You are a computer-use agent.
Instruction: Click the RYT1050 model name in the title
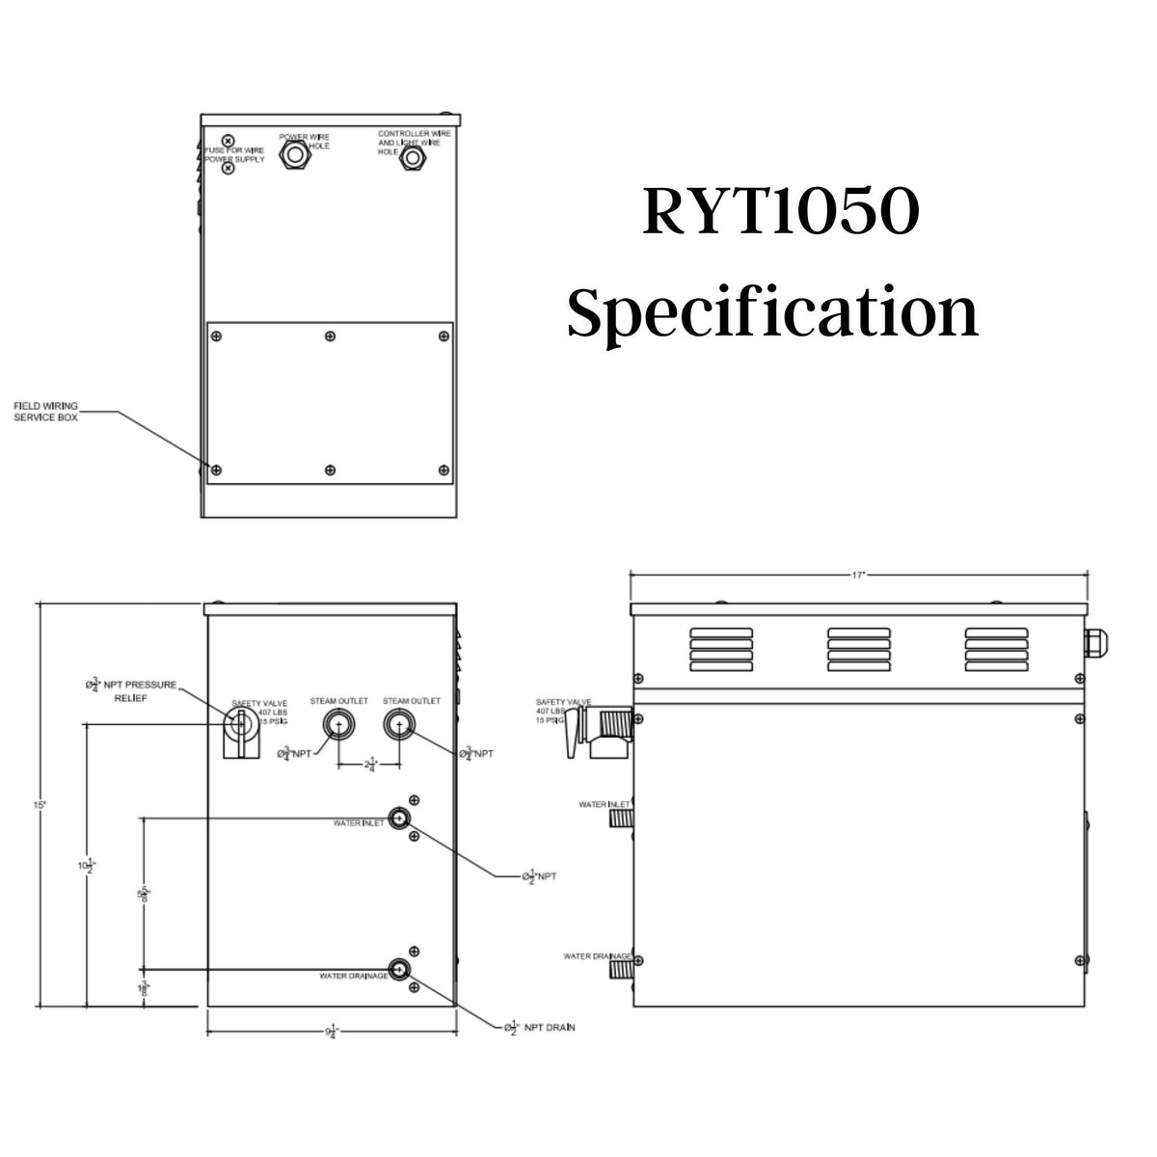click(x=779, y=214)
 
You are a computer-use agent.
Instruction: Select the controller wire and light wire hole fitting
click(x=413, y=156)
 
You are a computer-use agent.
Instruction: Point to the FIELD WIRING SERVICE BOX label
click(x=46, y=412)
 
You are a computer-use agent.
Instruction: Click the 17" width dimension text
click(x=859, y=575)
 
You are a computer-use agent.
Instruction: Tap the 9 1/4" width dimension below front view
click(x=331, y=1032)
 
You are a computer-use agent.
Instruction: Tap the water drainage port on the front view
click(x=398, y=970)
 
